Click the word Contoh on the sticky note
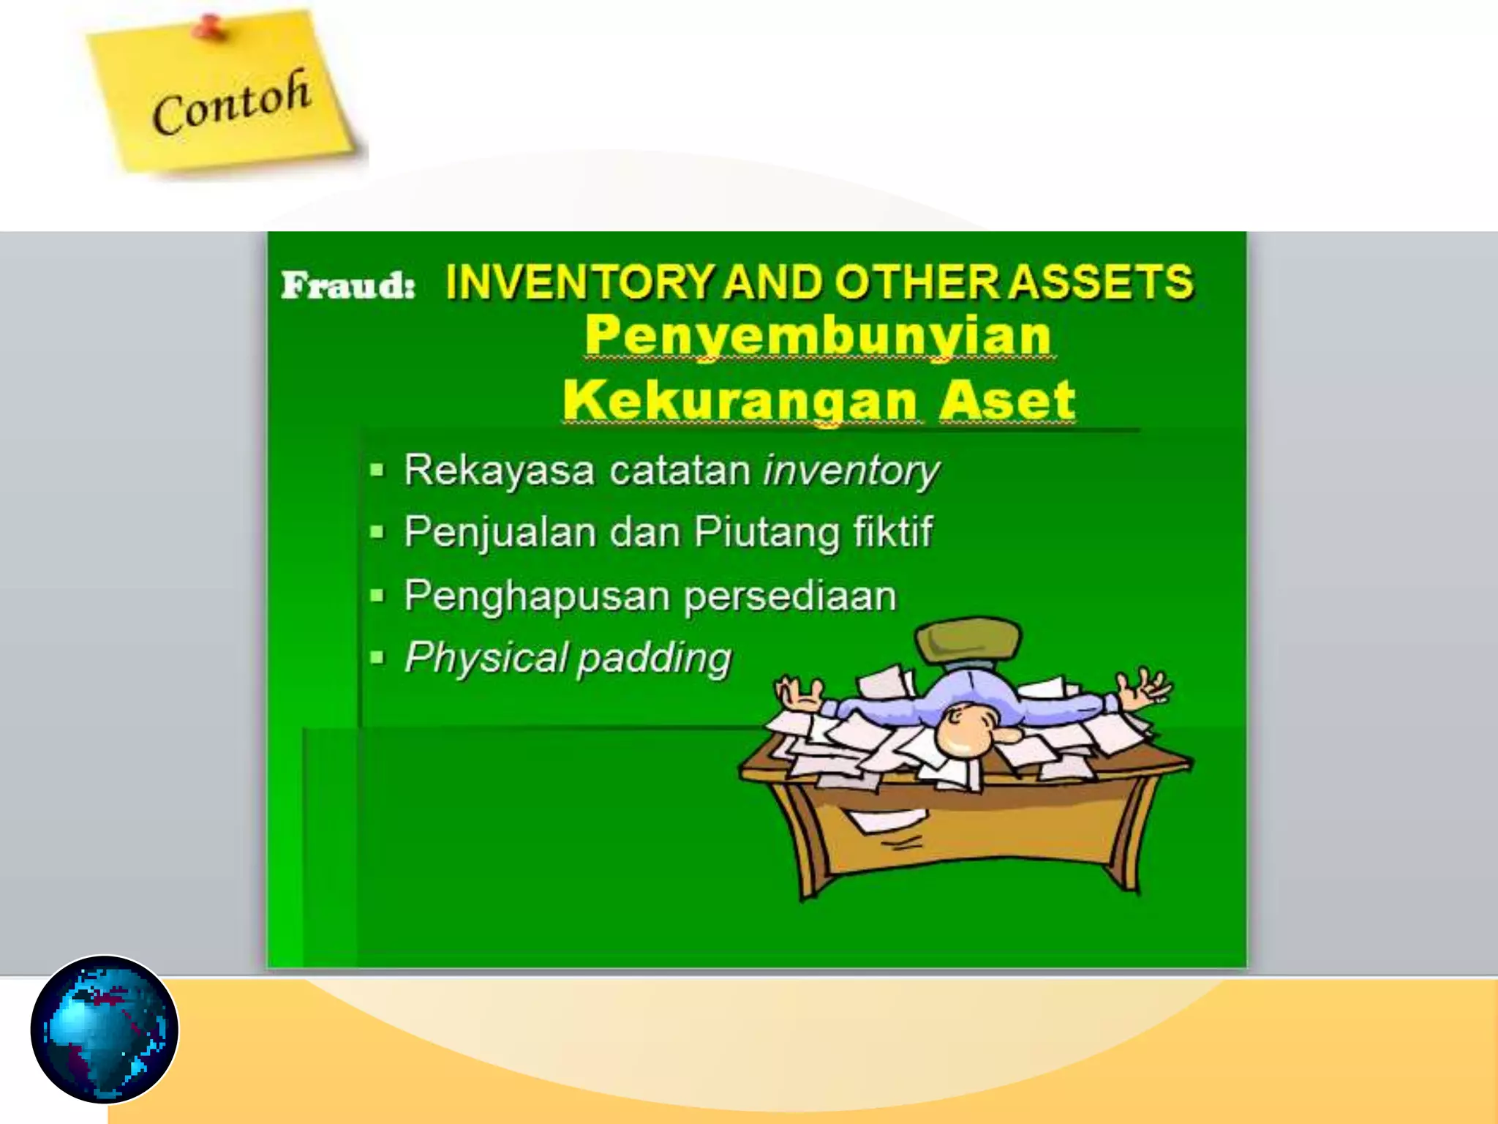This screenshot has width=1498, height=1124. [x=231, y=102]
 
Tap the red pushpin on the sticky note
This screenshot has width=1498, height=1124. [x=210, y=28]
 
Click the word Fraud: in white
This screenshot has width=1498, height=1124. [x=348, y=284]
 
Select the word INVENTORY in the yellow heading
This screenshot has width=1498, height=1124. [x=579, y=282]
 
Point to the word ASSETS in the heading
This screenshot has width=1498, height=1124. [x=1101, y=282]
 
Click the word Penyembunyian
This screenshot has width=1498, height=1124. [x=818, y=334]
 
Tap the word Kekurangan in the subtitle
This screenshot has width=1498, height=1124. [x=739, y=400]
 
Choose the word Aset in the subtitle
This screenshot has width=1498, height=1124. [x=1006, y=400]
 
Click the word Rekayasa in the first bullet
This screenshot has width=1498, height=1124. [x=499, y=470]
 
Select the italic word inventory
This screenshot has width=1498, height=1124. [x=851, y=470]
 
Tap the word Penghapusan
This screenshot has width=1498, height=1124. [x=536, y=596]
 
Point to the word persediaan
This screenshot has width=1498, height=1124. [x=790, y=596]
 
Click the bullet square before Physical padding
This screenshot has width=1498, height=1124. [x=377, y=658]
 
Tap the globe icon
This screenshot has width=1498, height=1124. [x=105, y=1029]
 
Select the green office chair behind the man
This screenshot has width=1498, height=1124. [x=967, y=640]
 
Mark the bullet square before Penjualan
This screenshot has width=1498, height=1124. [x=377, y=532]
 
